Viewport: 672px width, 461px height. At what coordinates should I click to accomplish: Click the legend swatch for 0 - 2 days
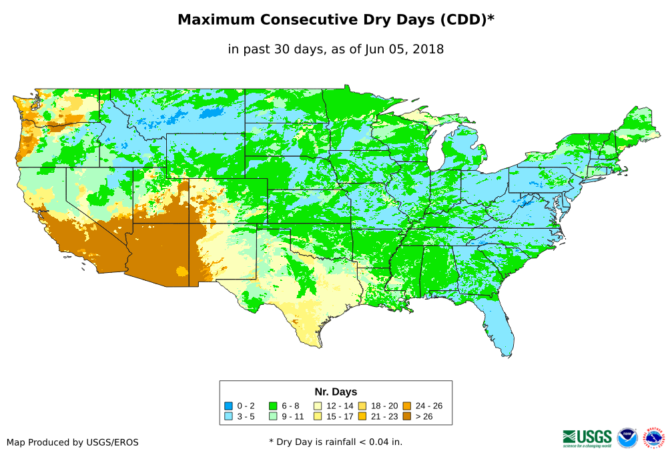pos(228,406)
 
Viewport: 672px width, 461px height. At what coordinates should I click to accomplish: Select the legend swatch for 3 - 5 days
pos(228,417)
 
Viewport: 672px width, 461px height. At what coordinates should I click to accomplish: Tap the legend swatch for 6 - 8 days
pos(273,406)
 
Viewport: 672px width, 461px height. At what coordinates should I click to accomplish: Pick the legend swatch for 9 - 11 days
pos(273,417)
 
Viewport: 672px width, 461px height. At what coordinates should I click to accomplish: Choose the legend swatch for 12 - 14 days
pos(318,406)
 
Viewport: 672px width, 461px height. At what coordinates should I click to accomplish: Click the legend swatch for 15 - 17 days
pos(318,417)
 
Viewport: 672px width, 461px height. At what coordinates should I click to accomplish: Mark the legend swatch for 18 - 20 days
pos(362,406)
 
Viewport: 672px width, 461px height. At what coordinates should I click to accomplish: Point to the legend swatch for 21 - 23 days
pos(362,417)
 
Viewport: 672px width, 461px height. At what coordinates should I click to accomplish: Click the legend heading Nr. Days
pos(336,392)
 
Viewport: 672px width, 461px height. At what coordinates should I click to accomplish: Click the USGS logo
pos(587,438)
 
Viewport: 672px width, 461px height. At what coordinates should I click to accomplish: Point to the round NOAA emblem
pos(627,438)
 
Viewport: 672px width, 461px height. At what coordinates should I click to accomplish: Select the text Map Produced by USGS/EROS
pos(73,442)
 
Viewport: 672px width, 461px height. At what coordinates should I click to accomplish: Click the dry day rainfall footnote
pos(336,442)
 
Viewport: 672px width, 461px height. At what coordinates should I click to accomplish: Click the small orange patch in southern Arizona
pos(182,271)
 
